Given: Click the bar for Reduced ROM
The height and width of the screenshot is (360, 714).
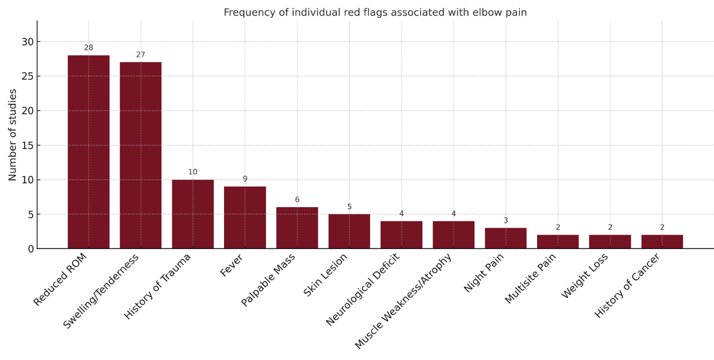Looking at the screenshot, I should pos(88,152).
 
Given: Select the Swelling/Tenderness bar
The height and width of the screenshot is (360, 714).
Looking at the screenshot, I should pos(141,155).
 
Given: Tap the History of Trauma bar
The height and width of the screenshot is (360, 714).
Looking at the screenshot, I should pos(192,214).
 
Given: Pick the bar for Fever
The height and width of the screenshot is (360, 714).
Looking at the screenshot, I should pos(245,217).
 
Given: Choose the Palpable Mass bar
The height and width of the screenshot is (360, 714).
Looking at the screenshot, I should pos(297,228).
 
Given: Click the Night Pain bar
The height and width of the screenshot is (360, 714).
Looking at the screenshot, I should pos(505,238).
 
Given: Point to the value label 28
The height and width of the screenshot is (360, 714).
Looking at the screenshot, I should pos(88,48).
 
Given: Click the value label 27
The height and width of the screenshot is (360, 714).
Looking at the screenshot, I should pos(141,55).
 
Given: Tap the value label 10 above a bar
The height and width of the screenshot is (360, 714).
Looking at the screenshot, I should pos(192,172).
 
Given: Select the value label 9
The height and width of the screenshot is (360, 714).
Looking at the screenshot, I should pos(245,179).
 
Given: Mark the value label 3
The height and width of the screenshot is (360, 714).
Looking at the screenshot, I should pos(505,221).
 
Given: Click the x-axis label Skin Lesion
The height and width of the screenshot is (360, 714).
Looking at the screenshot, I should pos(326,275).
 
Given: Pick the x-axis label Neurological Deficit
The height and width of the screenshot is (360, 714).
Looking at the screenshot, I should pos(363,289).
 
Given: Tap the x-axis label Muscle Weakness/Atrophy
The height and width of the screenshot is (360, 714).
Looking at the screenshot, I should pos(403,301).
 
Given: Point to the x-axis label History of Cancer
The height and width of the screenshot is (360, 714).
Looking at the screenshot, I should pos(627,285).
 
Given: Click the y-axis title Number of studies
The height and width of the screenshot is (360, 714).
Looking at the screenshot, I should pos(13,134).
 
